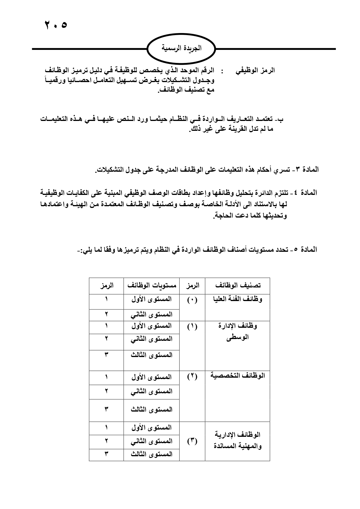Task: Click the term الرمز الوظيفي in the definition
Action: coord(255,70)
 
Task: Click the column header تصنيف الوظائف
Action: coord(238,286)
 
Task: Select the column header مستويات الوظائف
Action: coord(151,286)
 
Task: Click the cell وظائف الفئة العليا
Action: coord(238,299)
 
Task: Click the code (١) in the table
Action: coord(192,327)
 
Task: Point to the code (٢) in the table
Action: coord(192,377)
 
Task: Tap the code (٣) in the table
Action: coord(192,441)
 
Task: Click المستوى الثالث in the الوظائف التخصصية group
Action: coord(151,410)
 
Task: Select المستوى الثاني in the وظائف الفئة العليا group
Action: coord(151,314)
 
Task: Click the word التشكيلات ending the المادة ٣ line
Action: coord(109,170)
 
